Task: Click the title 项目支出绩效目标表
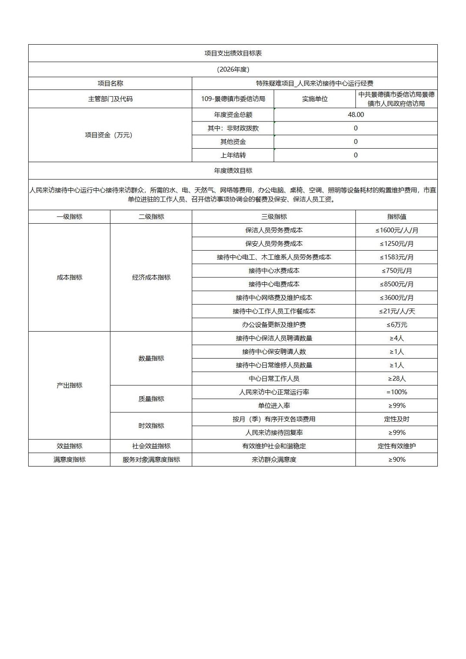click(x=233, y=53)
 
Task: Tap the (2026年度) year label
click(x=233, y=69)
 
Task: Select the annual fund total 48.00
click(x=356, y=114)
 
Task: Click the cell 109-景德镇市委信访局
click(x=233, y=99)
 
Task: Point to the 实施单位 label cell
click(x=315, y=99)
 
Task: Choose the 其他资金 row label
click(x=233, y=142)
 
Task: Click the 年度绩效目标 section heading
click(x=233, y=171)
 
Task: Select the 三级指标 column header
click(x=274, y=217)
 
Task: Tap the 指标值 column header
click(x=397, y=217)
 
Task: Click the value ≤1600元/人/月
click(x=397, y=230)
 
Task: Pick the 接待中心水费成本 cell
click(x=274, y=271)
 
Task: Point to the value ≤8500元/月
click(x=397, y=284)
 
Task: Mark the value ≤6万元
click(x=397, y=325)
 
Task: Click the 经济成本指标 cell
click(x=151, y=277)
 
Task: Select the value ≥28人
click(x=397, y=378)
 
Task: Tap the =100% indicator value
click(x=397, y=392)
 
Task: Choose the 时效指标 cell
click(x=151, y=426)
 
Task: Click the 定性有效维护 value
click(x=397, y=446)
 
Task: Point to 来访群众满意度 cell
click(x=274, y=460)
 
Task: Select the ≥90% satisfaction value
click(x=397, y=460)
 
